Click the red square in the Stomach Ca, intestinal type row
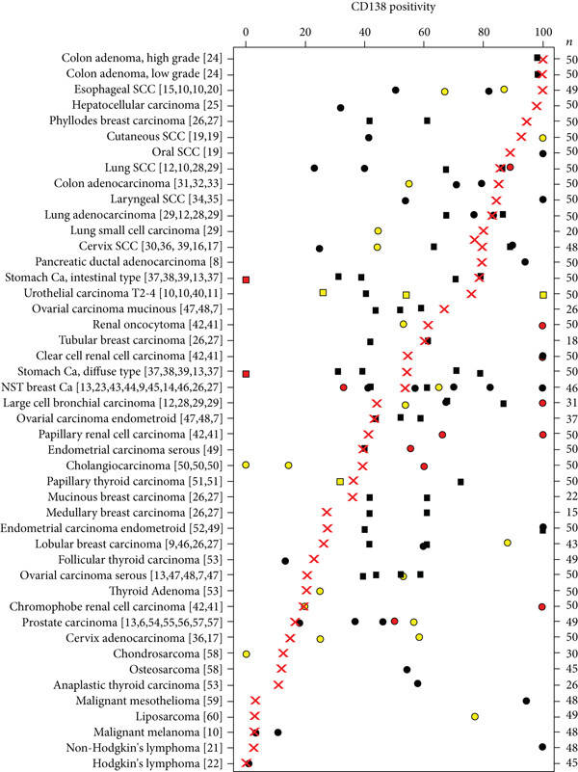pos(247,279)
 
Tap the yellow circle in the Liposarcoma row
pos(475,716)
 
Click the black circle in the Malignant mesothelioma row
pos(526,701)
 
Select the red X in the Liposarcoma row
pos(254,716)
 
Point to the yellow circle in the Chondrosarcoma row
pos(247,653)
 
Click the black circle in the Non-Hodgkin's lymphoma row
pos(543,747)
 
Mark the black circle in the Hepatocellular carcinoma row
pos(341,107)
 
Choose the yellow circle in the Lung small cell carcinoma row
pos(378,231)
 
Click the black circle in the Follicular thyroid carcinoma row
pos(285,560)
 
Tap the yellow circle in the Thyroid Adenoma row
pos(320,591)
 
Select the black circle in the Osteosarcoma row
pos(407,669)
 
